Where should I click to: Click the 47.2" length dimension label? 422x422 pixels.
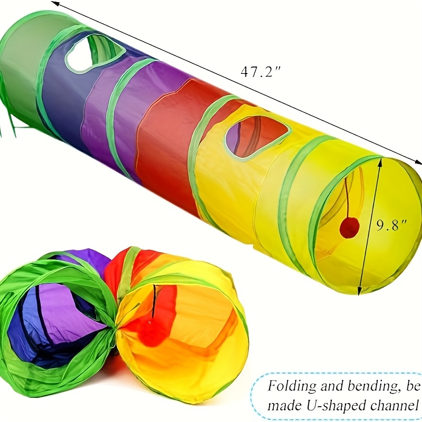click(x=260, y=71)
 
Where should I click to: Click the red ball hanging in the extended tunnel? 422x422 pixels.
click(x=350, y=227)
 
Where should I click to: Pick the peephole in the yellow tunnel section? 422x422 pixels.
click(x=257, y=138)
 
